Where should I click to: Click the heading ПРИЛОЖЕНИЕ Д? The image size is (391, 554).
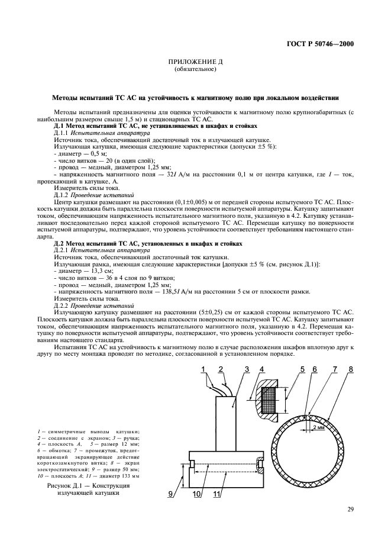coord(195,62)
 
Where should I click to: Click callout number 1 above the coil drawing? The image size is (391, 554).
coord(202,371)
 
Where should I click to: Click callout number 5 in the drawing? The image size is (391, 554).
coord(302,371)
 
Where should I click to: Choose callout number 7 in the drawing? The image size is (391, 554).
coord(335,371)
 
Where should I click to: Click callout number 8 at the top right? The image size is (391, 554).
coord(351,371)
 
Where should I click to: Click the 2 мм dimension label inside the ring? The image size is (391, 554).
coord(321,424)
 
